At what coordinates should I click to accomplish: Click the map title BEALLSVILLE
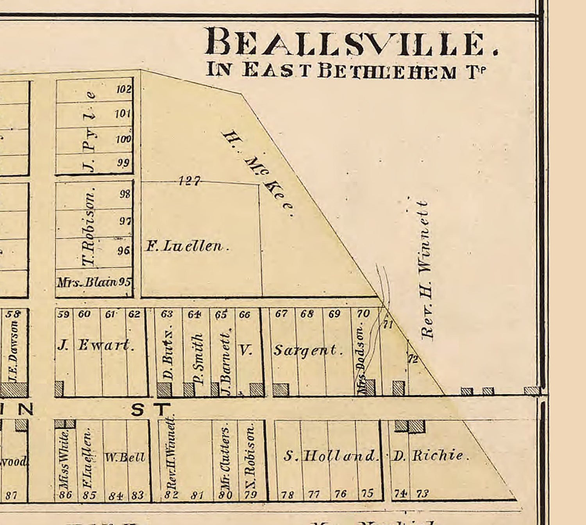tap(352, 42)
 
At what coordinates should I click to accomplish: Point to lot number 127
tap(189, 181)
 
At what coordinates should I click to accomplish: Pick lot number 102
tap(123, 89)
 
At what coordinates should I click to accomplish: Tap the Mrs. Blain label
tap(87, 282)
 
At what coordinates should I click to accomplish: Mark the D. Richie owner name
tap(430, 455)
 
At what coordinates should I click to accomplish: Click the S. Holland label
tap(331, 455)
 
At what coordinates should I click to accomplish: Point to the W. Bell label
tap(125, 457)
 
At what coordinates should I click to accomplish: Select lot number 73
tap(422, 494)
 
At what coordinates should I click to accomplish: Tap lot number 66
tap(245, 314)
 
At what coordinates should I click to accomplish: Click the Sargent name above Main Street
tap(308, 350)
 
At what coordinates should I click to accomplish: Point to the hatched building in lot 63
tap(164, 389)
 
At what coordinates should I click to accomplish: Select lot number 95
tap(125, 282)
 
